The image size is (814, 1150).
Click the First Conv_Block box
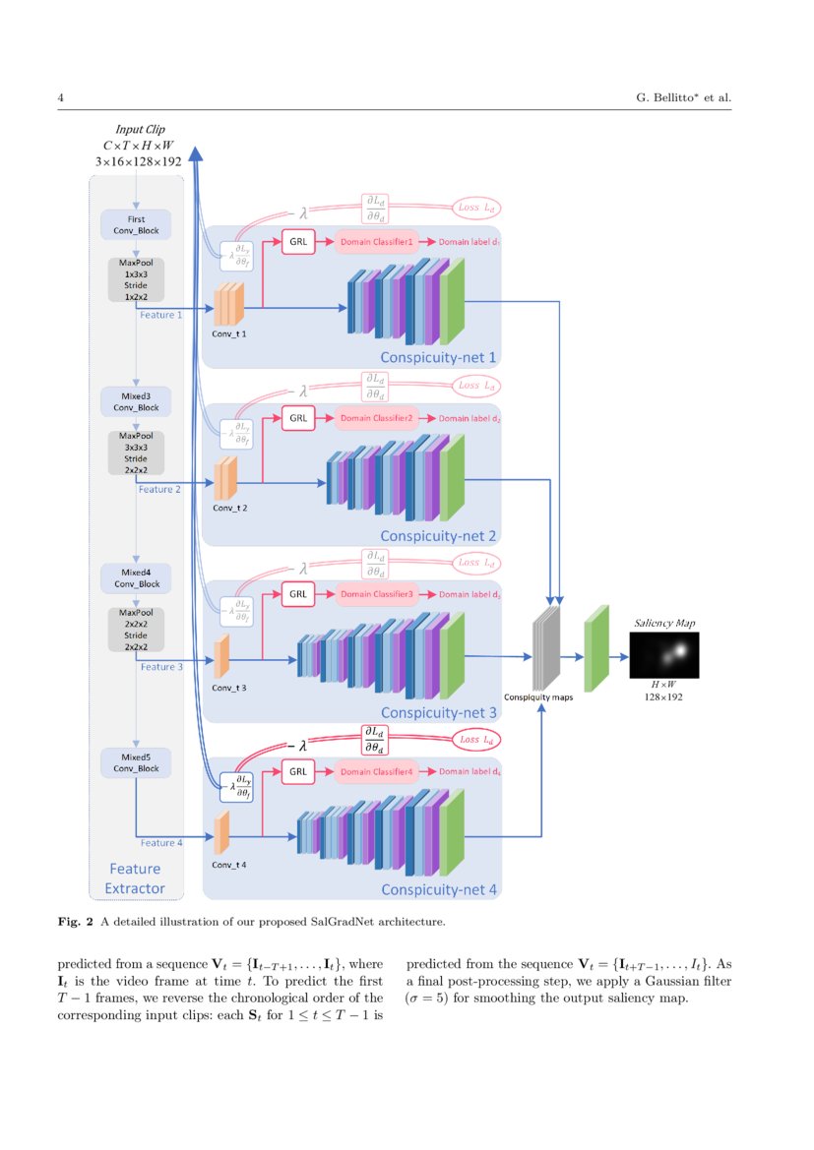point(136,223)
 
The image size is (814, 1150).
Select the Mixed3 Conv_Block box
point(136,400)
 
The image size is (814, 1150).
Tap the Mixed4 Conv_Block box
point(136,577)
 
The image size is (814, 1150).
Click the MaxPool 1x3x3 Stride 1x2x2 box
point(136,280)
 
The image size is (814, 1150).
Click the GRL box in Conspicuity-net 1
point(298,239)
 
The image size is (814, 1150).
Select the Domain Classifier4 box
point(377,772)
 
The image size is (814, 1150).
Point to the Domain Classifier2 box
point(377,418)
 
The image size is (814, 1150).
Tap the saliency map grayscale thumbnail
point(664,655)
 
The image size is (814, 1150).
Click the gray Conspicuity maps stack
point(545,650)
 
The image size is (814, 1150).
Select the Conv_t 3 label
point(229,688)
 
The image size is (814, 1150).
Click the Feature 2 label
point(159,488)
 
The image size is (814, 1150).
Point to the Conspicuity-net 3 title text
point(439,712)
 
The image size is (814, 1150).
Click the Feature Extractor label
point(135,879)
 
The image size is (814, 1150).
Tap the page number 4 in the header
point(61,97)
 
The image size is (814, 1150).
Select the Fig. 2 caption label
point(77,922)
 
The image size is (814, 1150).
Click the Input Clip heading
point(140,128)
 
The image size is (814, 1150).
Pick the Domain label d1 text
point(470,240)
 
